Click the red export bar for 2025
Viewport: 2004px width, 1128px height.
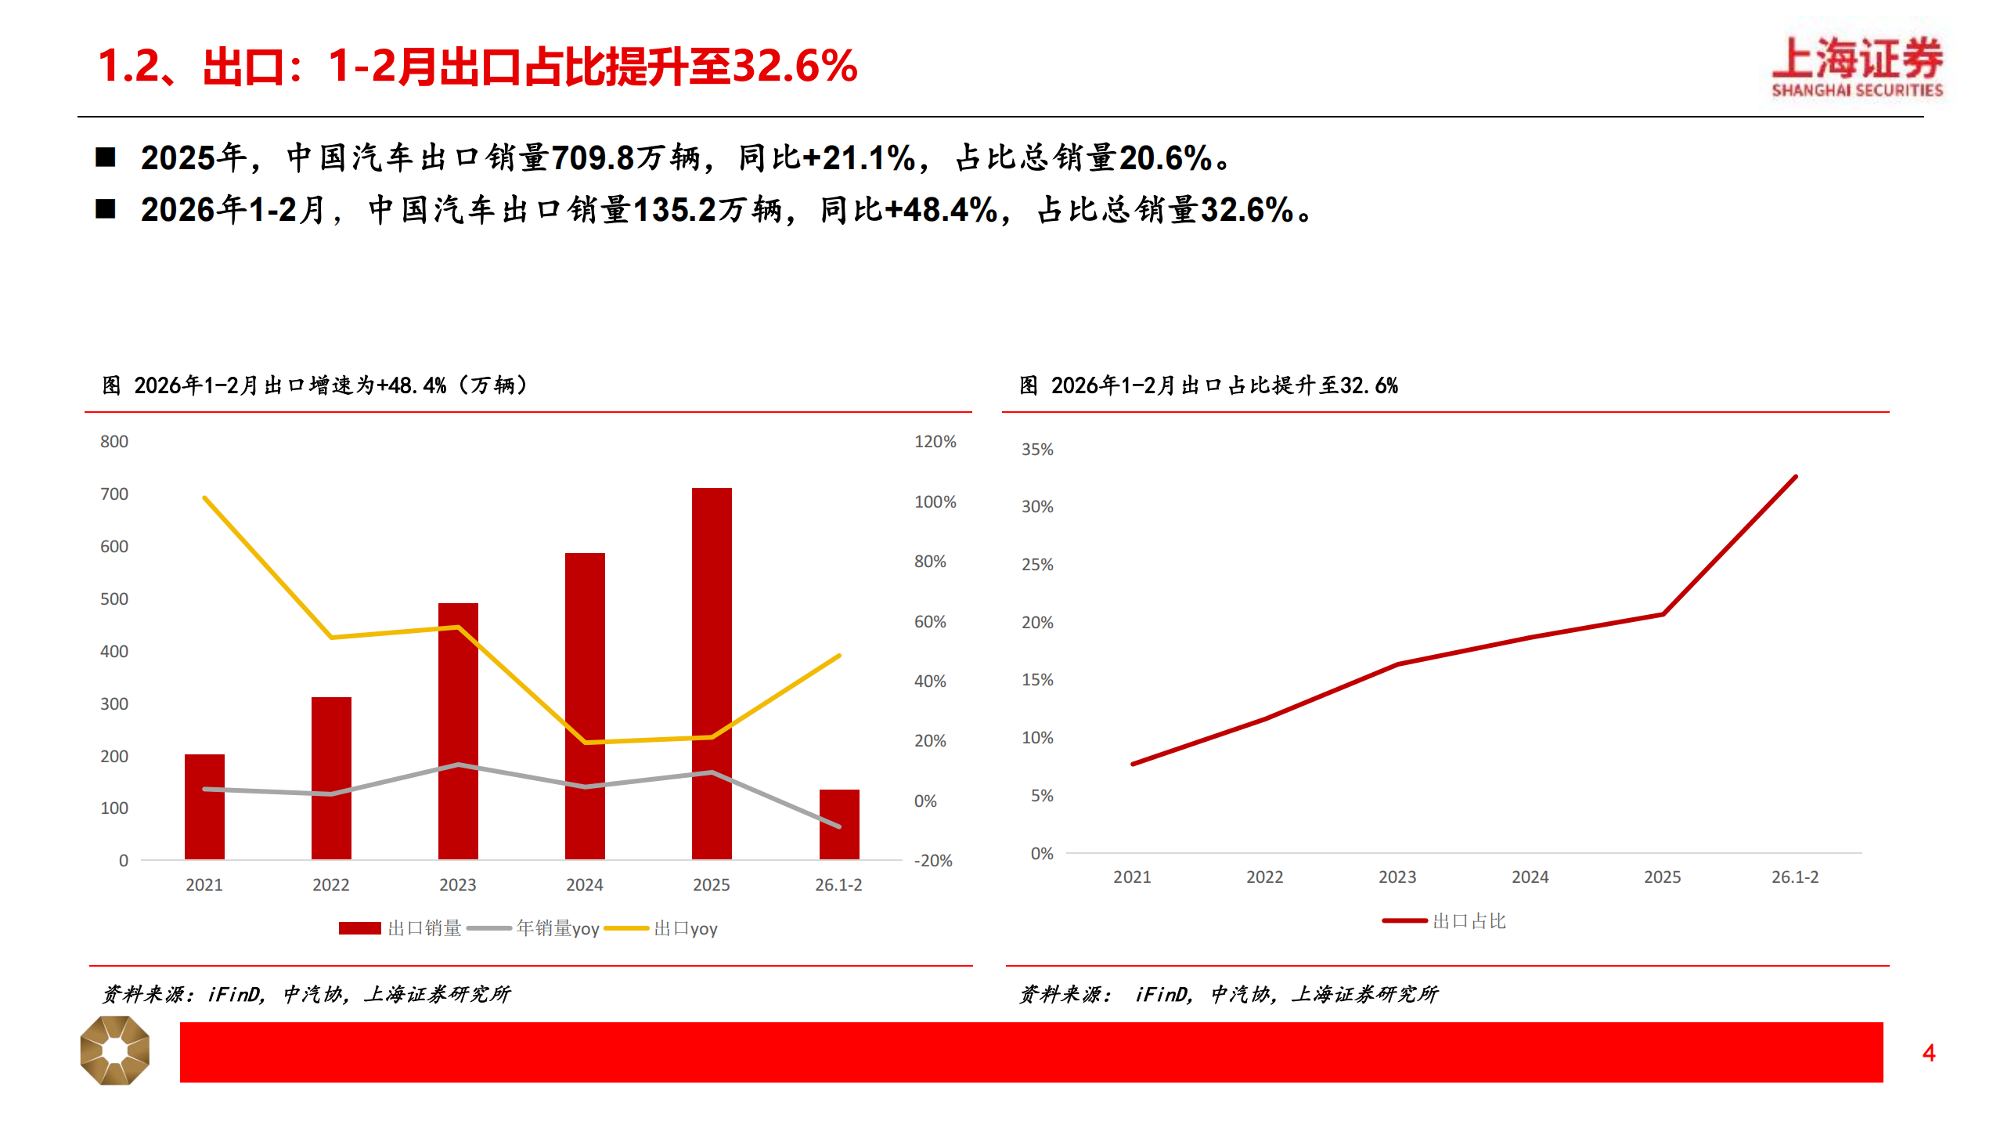click(x=712, y=674)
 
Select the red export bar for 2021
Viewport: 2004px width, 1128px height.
click(x=204, y=807)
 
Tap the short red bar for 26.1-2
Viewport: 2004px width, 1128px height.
click(x=839, y=824)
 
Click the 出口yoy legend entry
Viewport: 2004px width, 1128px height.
click(x=662, y=928)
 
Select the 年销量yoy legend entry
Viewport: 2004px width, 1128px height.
click(x=534, y=928)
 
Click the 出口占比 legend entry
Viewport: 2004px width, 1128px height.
click(x=1445, y=921)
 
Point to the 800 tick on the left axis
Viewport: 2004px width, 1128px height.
click(x=114, y=442)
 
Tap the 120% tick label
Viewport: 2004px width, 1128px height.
click(x=935, y=442)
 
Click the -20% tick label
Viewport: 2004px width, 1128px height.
click(x=933, y=861)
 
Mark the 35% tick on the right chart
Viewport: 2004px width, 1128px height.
click(x=1037, y=450)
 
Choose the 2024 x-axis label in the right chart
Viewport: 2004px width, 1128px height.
click(x=1530, y=877)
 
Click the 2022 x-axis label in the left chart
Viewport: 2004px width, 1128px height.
click(x=330, y=885)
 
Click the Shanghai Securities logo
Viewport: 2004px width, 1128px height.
click(x=1857, y=67)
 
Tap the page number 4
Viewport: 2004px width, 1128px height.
click(x=1929, y=1053)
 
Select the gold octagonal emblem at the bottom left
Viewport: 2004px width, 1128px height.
click(x=115, y=1050)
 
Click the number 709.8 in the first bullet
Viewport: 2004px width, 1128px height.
click(x=593, y=158)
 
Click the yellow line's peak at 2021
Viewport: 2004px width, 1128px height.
click(x=204, y=497)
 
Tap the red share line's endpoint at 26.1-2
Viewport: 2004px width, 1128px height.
click(x=1795, y=476)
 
